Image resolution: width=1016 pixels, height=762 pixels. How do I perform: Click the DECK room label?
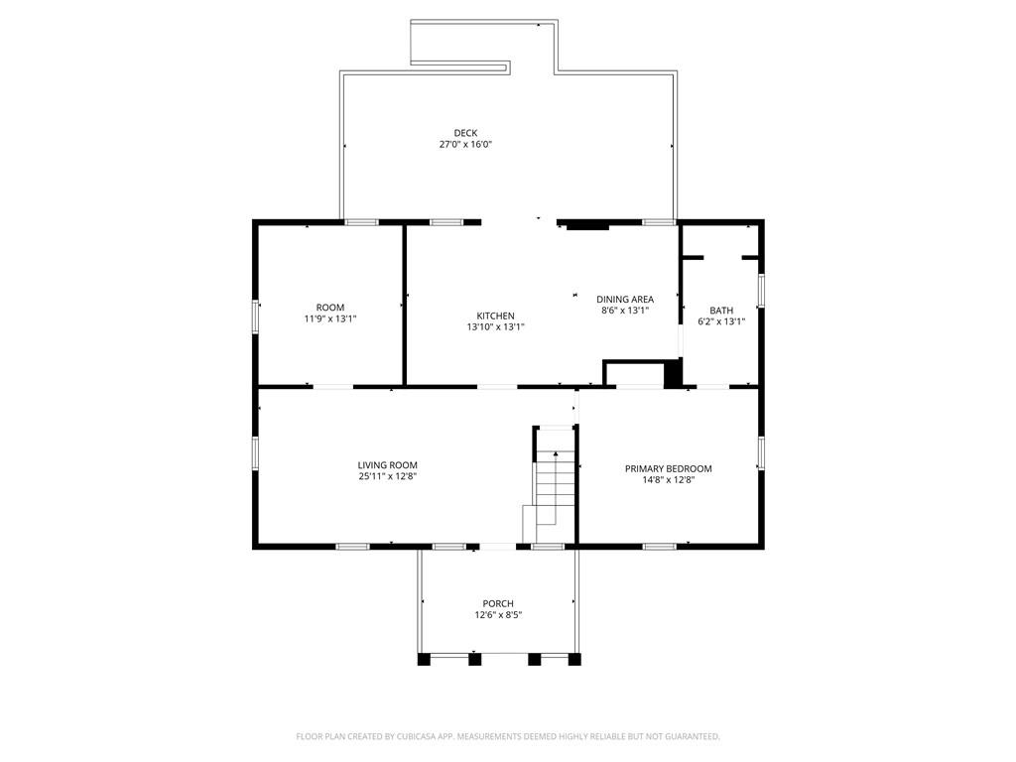pos(465,133)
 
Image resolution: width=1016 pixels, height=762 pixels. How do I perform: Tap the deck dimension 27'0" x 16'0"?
pos(465,145)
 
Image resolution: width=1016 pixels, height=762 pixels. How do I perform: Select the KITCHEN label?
pos(495,316)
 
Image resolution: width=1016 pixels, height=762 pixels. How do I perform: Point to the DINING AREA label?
pos(624,299)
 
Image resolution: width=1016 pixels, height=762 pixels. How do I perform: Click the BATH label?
pos(721,310)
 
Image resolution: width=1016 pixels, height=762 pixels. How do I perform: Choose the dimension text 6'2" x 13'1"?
pos(721,321)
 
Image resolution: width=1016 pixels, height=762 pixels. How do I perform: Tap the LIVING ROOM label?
pos(387,464)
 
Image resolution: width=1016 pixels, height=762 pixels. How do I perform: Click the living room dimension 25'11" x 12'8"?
pos(387,476)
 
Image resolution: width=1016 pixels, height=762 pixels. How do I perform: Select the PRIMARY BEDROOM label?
pos(668,468)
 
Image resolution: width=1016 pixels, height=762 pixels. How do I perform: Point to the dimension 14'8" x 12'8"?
pos(668,480)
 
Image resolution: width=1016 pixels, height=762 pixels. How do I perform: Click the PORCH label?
pos(498,603)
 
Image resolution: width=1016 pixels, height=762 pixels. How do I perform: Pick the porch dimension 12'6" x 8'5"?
pos(498,615)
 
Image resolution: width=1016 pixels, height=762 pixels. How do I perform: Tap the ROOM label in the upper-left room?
pos(330,308)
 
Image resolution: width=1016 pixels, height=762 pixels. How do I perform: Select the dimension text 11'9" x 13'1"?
pos(330,319)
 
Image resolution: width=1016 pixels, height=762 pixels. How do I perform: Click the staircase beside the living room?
pos(555,481)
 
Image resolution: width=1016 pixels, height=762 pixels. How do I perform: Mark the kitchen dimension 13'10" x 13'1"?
pos(495,327)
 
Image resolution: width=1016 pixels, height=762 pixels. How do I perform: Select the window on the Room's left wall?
pos(256,317)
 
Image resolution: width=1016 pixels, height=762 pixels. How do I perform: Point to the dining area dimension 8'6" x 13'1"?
pos(624,311)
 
